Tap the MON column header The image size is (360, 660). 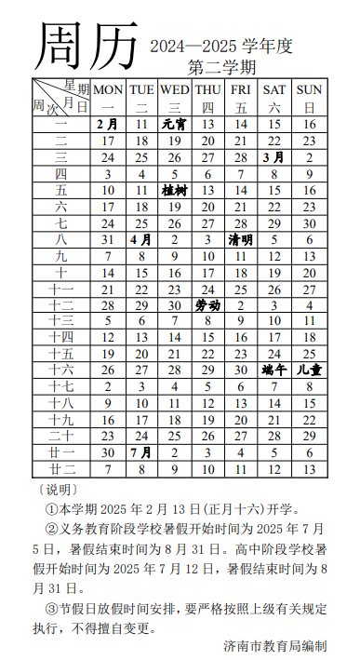click(108, 89)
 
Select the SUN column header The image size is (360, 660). click(309, 89)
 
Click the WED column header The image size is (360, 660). click(175, 89)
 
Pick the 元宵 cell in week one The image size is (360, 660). click(175, 124)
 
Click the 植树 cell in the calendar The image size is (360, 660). click(175, 190)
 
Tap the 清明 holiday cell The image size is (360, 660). click(241, 239)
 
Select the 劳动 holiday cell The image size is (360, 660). click(208, 304)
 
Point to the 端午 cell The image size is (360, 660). click(274, 370)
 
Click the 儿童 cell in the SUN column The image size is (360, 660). click(309, 370)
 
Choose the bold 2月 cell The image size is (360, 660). click(108, 124)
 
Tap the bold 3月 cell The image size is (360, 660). click(274, 157)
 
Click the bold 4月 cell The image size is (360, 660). click(141, 239)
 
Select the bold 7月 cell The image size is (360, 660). click(141, 452)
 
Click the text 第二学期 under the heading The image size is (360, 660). click(221, 67)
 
